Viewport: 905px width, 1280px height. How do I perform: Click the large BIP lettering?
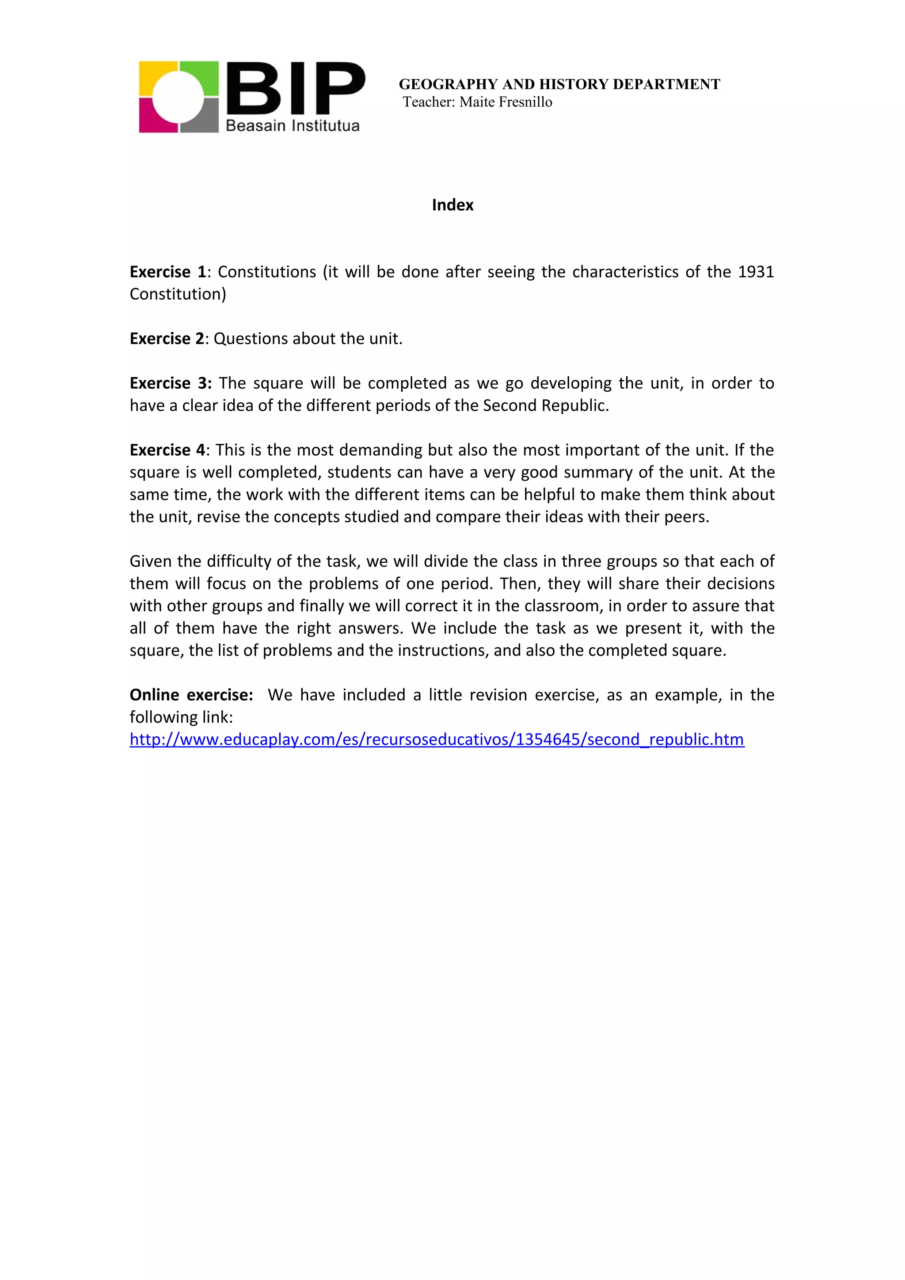[296, 88]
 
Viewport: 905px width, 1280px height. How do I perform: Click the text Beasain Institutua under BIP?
[292, 125]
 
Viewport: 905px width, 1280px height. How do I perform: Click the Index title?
[452, 205]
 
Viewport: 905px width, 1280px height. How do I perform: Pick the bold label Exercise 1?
[168, 272]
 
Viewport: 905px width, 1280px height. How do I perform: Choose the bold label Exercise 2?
[167, 338]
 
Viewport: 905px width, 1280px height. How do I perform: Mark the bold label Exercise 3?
[171, 383]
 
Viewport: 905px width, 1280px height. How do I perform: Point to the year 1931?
[756, 272]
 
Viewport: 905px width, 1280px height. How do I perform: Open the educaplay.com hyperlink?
[437, 739]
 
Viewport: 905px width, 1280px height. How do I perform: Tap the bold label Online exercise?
[191, 695]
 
